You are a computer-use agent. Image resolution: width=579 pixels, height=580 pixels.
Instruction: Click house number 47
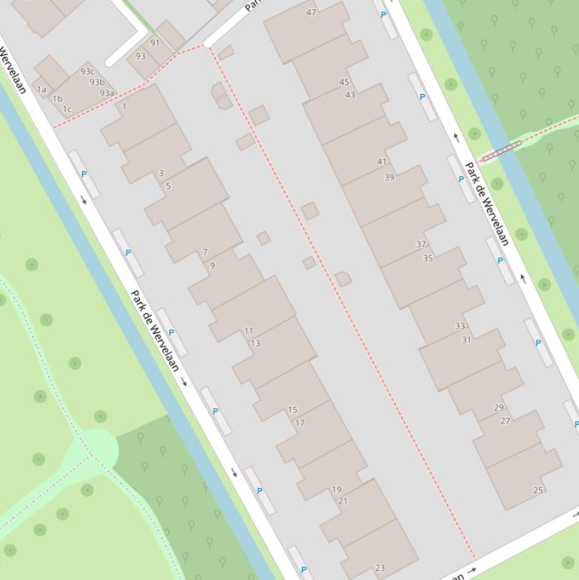click(312, 12)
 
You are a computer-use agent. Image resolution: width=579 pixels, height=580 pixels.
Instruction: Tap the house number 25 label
click(538, 490)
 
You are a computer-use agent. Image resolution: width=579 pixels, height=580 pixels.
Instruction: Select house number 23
click(379, 568)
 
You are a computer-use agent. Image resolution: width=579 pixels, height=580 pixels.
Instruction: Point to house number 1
click(124, 106)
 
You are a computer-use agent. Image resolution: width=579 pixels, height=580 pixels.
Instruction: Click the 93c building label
click(87, 72)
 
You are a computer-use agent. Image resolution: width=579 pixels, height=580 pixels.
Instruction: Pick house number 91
click(155, 43)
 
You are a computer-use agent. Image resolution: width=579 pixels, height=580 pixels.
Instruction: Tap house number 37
click(421, 244)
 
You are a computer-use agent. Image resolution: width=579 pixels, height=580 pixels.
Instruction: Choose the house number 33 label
click(460, 326)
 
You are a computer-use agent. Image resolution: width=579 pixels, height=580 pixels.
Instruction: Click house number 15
click(293, 410)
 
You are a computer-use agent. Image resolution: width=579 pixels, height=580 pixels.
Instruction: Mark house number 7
click(205, 252)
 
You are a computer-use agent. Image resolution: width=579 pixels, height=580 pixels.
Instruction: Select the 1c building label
click(67, 109)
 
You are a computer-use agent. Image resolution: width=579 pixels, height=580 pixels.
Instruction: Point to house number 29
click(498, 408)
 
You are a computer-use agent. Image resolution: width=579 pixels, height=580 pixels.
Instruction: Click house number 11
click(248, 331)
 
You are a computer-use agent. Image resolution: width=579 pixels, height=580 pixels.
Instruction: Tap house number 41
click(382, 161)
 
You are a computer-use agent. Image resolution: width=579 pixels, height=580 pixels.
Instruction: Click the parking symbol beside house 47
click(384, 14)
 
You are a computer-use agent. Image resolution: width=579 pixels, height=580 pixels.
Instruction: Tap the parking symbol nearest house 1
click(84, 174)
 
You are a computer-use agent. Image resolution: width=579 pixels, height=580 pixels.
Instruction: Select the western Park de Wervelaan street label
click(155, 330)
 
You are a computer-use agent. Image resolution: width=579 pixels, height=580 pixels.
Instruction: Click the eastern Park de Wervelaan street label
click(488, 203)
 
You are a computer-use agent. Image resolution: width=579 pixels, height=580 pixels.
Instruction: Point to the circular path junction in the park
click(96, 447)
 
